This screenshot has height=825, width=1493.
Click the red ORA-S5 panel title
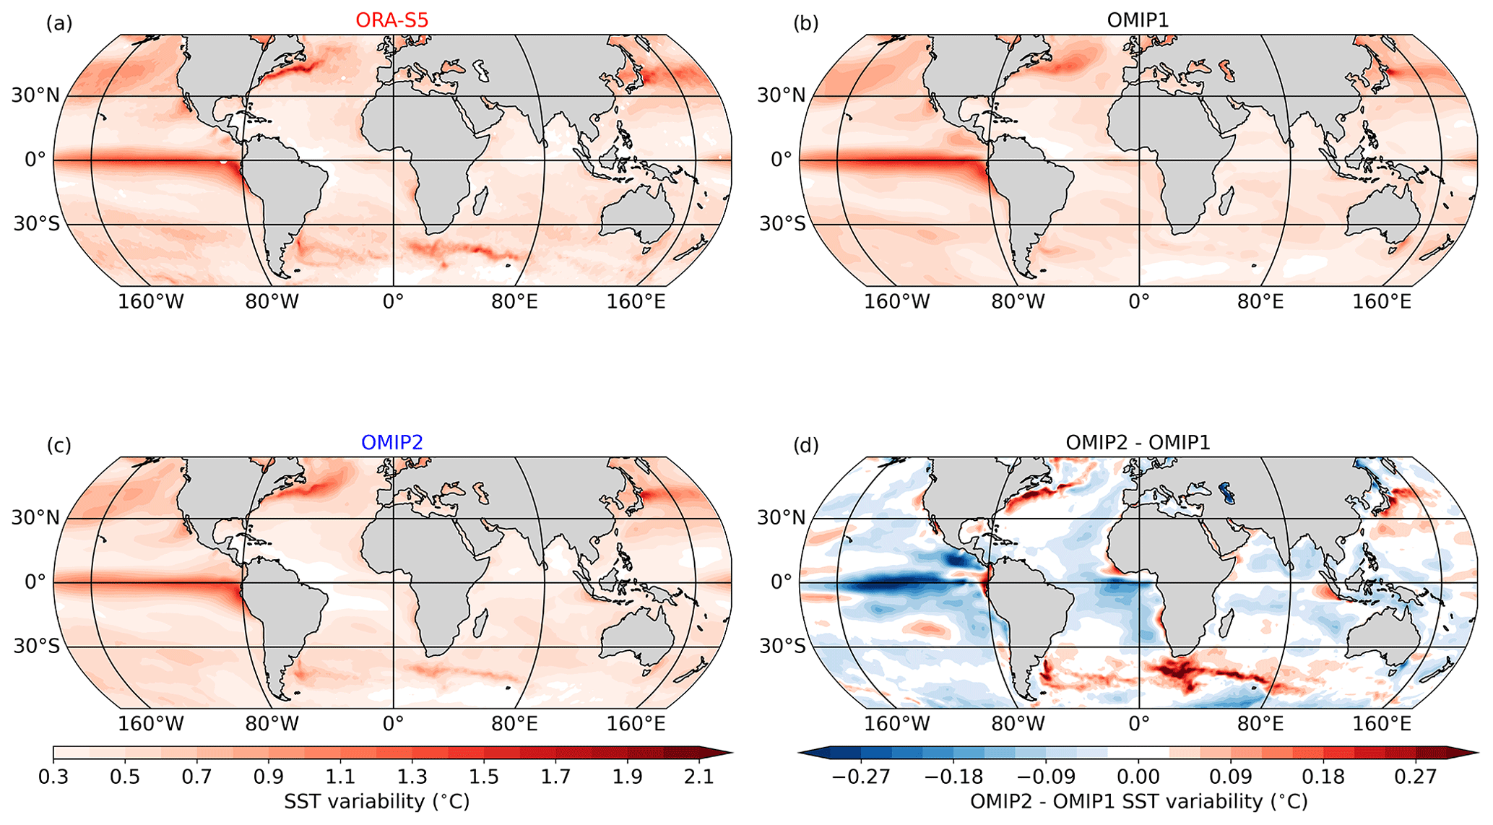(x=391, y=20)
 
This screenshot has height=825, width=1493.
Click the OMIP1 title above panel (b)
(x=1138, y=20)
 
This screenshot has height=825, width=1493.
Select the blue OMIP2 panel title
(x=391, y=442)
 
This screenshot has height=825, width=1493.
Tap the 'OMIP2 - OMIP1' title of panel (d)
(x=1138, y=442)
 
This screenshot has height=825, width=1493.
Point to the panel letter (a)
(x=59, y=24)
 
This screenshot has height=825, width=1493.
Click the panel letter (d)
(x=805, y=446)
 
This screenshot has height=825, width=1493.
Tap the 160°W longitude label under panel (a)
(x=151, y=301)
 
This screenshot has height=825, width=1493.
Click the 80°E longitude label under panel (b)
(x=1260, y=301)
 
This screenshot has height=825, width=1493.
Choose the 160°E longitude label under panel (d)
(x=1382, y=723)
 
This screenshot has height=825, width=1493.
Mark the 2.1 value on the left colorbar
(x=698, y=777)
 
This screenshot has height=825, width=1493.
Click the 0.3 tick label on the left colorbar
(x=53, y=777)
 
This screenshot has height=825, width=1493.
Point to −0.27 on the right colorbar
(x=861, y=777)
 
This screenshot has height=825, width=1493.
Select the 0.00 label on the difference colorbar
(x=1138, y=777)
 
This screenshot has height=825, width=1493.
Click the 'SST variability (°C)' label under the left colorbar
(x=376, y=802)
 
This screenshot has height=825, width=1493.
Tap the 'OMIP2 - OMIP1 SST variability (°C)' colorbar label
(x=1138, y=802)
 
